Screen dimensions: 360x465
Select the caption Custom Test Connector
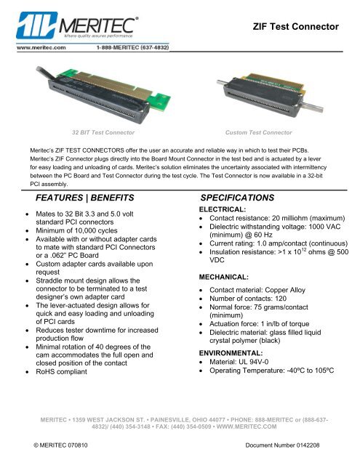pos(259,134)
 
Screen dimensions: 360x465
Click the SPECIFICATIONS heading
pos(236,198)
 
